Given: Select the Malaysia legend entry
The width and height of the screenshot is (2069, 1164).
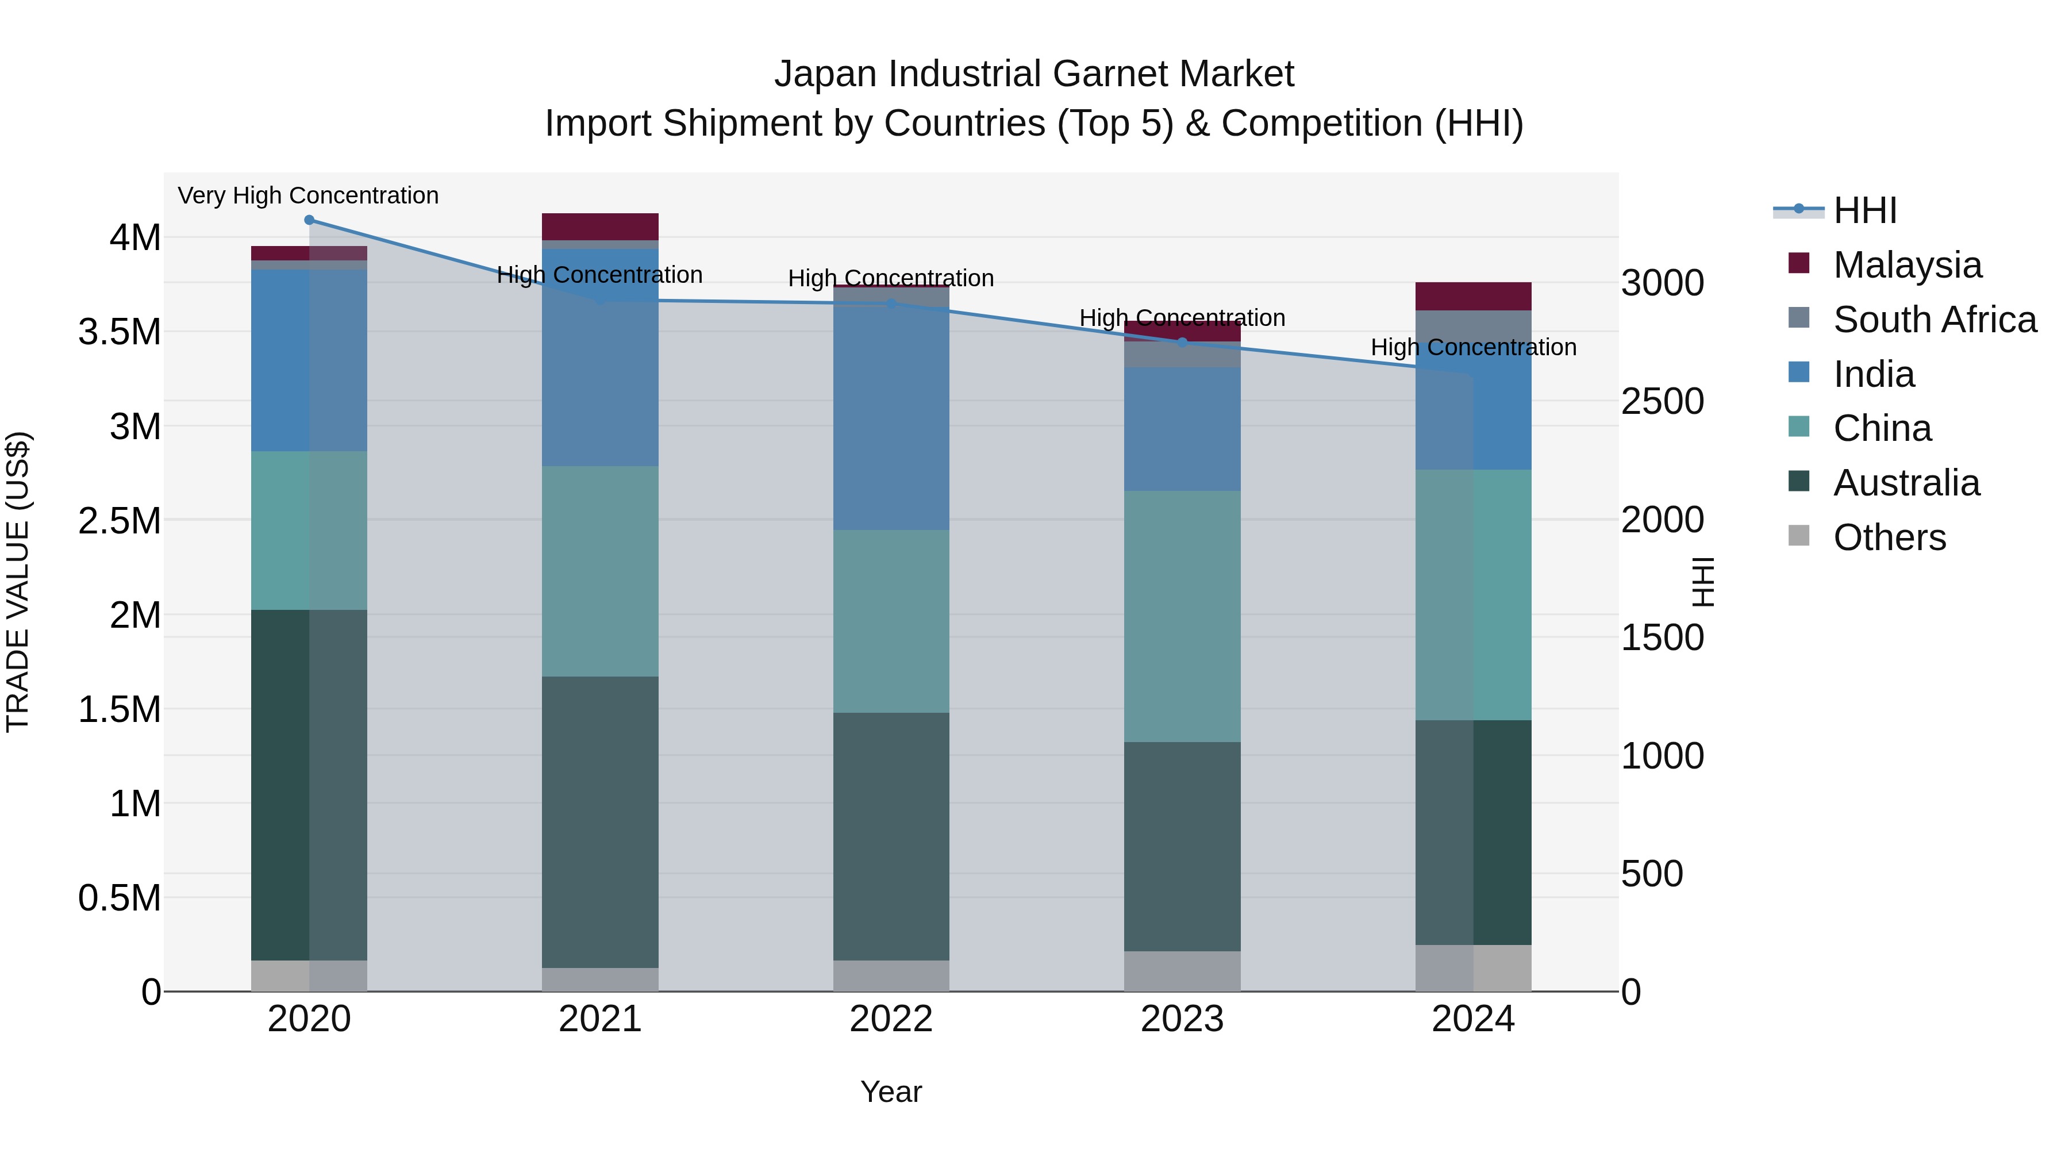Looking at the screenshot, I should pyautogui.click(x=1906, y=265).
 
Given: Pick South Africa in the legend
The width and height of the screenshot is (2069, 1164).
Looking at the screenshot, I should pyautogui.click(x=1933, y=320).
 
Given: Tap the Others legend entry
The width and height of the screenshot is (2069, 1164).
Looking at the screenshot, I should pyautogui.click(x=1889, y=537).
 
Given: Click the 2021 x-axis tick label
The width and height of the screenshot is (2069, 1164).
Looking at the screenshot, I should pyautogui.click(x=600, y=1019).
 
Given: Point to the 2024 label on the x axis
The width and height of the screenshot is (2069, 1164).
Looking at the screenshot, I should pyautogui.click(x=1473, y=1019).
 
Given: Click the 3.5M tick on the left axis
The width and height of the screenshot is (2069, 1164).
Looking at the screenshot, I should pyautogui.click(x=120, y=332).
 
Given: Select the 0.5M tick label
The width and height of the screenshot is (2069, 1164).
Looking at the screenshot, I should pyautogui.click(x=120, y=898).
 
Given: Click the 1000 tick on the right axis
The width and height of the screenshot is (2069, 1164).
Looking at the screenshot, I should pyautogui.click(x=1662, y=756).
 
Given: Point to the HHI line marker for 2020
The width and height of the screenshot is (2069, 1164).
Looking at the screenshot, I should pyautogui.click(x=309, y=220).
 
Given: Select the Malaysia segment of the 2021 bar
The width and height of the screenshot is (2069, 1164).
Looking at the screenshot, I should pyautogui.click(x=600, y=226).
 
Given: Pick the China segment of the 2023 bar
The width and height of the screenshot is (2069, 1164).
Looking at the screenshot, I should pyautogui.click(x=1182, y=616).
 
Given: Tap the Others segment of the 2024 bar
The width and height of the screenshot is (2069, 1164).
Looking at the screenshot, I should pyautogui.click(x=1473, y=968).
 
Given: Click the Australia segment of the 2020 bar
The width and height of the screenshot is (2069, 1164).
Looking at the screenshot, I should pyautogui.click(x=309, y=785).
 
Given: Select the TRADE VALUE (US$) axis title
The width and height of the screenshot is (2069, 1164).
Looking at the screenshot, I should pyautogui.click(x=18, y=582).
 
